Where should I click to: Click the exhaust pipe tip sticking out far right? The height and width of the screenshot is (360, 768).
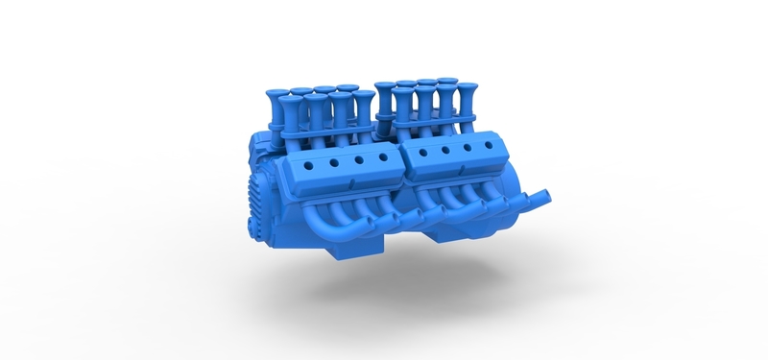[546, 196]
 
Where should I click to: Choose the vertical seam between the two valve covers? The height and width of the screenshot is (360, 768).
[401, 163]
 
